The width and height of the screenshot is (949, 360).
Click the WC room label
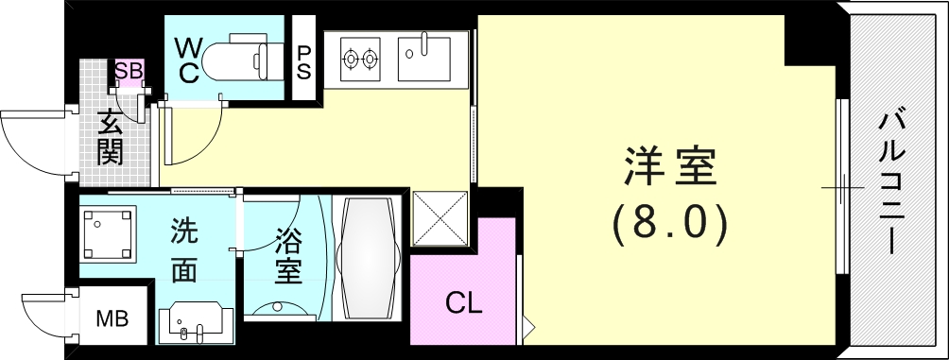tap(187, 59)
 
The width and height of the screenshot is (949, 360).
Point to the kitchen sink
tap(426, 58)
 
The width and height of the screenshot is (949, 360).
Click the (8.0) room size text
tap(670, 223)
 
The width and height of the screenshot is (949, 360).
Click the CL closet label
tap(464, 304)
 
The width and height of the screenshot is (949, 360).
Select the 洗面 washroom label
tap(183, 250)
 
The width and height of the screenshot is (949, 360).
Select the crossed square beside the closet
tap(440, 220)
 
